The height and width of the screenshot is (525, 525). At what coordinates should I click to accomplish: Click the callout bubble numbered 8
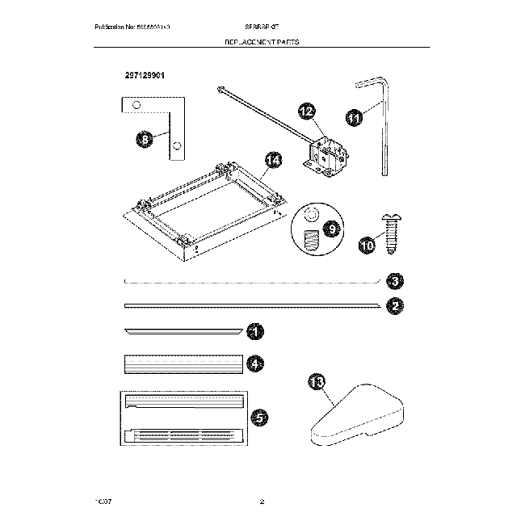pyautogui.click(x=145, y=140)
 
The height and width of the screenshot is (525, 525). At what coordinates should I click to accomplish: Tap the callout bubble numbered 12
pyautogui.click(x=307, y=112)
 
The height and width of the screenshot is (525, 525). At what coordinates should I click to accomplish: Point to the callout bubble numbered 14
pyautogui.click(x=274, y=161)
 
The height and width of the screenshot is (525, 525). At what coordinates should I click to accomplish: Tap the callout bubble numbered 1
pyautogui.click(x=255, y=331)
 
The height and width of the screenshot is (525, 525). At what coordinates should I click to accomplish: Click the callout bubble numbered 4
pyautogui.click(x=255, y=364)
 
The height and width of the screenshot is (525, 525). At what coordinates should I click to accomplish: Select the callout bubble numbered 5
pyautogui.click(x=259, y=417)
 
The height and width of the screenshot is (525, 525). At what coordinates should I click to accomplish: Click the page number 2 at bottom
pyautogui.click(x=262, y=502)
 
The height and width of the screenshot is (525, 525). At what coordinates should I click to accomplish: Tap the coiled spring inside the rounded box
pyautogui.click(x=308, y=240)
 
